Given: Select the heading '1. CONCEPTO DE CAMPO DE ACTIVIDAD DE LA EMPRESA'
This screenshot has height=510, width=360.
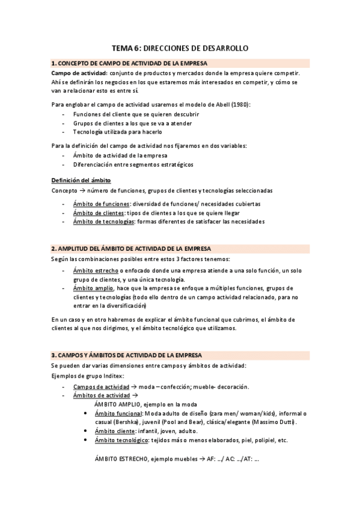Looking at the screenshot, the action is point(129,63).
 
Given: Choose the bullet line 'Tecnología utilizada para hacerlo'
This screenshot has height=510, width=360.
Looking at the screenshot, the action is point(117,131).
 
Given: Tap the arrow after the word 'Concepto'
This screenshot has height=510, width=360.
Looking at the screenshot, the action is point(81,190).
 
